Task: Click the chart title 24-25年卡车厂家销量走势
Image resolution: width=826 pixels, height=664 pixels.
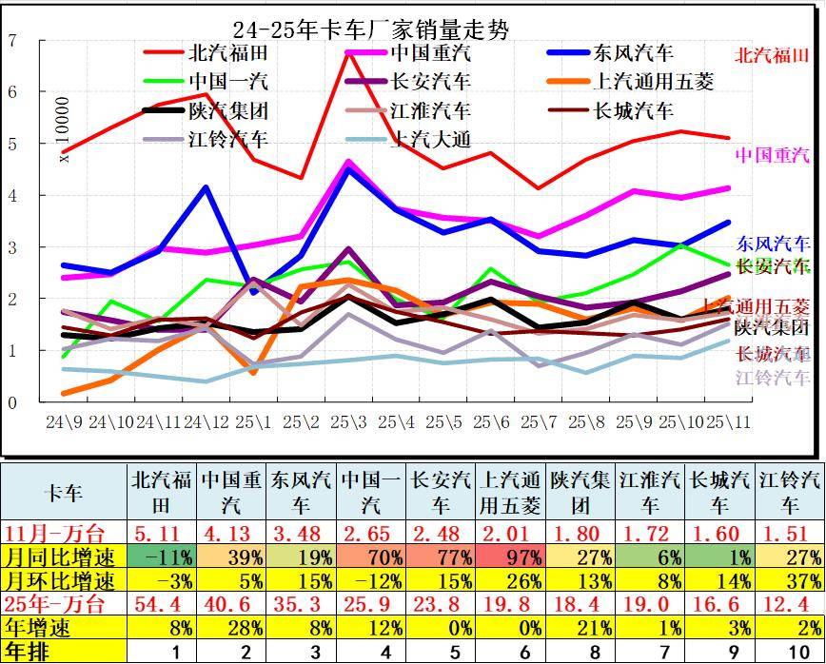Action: (371, 30)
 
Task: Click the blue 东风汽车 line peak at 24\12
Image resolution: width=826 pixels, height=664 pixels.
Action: (206, 187)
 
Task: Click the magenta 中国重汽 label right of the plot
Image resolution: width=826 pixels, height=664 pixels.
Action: (772, 154)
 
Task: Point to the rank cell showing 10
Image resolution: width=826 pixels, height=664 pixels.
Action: (790, 652)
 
